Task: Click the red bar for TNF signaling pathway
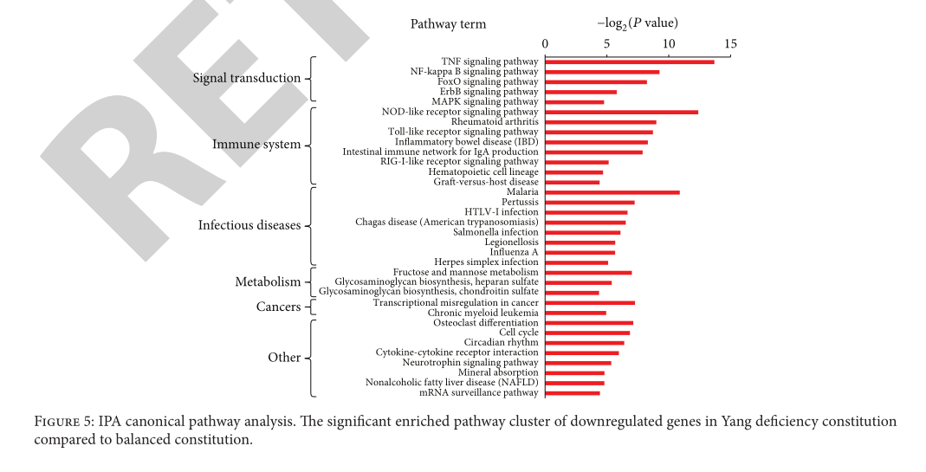[630, 61]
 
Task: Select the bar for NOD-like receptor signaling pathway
[621, 112]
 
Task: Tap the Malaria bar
[612, 192]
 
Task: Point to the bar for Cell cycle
[587, 333]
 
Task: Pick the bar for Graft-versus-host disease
[573, 182]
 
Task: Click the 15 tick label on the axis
[730, 43]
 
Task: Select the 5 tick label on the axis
[607, 43]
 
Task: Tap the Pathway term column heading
[448, 24]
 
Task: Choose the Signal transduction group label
[246, 78]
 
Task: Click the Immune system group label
[256, 145]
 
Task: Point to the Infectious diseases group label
[249, 225]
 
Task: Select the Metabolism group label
[268, 282]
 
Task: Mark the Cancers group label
[278, 307]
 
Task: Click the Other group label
[284, 358]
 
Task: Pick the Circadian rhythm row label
[501, 343]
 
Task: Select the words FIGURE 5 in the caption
[63, 422]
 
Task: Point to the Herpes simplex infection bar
[577, 262]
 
